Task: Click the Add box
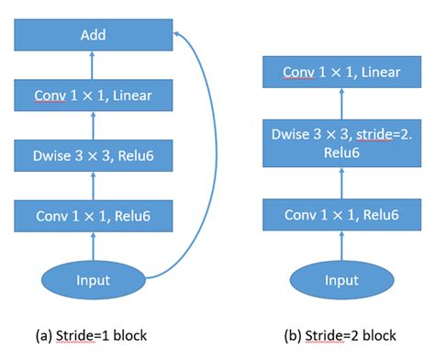[93, 36]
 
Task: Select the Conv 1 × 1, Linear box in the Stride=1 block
[93, 95]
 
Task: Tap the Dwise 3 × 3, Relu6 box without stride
[93, 155]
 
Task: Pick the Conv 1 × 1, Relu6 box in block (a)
[93, 216]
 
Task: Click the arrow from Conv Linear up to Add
[93, 65]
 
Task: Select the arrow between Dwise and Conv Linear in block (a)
[93, 125]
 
